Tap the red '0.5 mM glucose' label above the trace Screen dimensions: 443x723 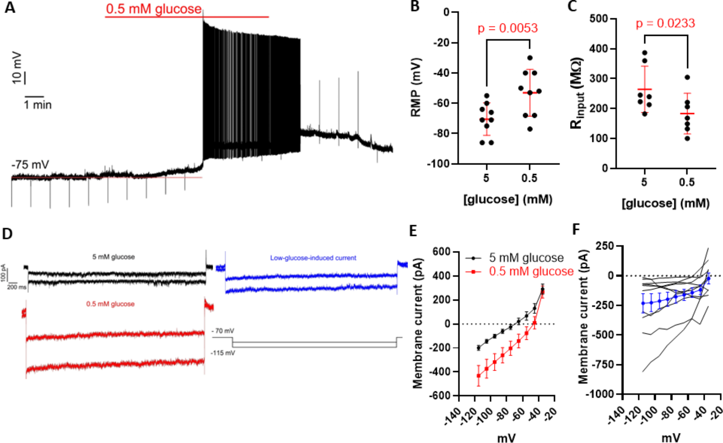(154, 9)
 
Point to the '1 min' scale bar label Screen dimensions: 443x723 (38, 105)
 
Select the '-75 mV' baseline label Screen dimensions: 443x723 (30, 165)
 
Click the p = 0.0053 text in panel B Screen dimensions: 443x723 (507, 28)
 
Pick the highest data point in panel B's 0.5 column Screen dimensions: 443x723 (530, 58)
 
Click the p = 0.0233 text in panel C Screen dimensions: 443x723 (665, 23)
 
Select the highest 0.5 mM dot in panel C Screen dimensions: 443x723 (687, 77)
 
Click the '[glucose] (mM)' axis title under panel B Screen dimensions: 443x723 (508, 199)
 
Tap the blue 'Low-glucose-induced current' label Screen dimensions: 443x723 (313, 258)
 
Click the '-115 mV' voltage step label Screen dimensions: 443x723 (223, 353)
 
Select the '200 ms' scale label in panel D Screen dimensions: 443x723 (17, 287)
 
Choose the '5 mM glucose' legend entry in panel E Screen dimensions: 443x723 (526, 258)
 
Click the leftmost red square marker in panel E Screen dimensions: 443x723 (478, 376)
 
